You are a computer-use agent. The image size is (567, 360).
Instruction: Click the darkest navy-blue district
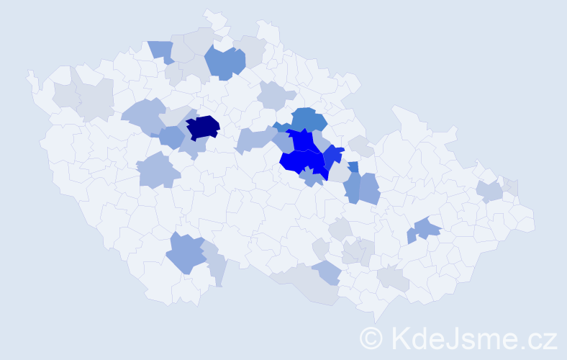(203, 127)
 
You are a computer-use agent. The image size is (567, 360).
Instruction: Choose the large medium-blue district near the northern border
(224, 63)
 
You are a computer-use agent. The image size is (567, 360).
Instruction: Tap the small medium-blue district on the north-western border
(162, 50)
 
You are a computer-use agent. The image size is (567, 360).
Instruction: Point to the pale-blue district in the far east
(489, 191)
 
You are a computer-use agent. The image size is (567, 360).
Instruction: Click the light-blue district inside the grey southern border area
(327, 272)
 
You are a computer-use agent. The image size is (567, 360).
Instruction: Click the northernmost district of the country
(213, 16)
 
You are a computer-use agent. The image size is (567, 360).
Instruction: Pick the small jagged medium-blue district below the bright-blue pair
(312, 176)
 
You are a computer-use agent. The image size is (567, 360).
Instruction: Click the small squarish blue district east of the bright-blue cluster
(353, 167)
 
